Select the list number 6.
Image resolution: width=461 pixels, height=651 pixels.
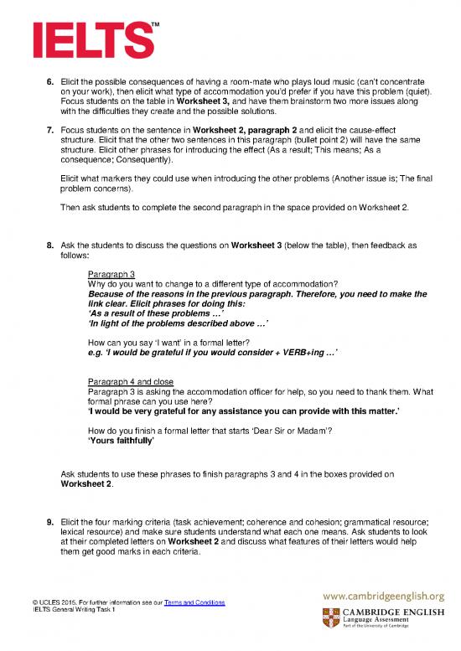(49, 81)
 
